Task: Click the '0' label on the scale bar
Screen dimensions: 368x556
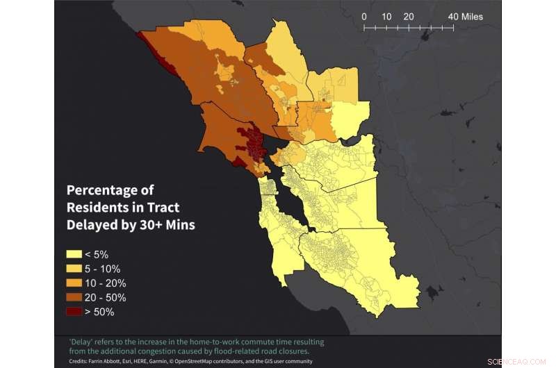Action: click(x=364, y=16)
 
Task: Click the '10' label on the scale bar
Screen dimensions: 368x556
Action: click(x=386, y=16)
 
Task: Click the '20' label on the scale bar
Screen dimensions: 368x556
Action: click(x=409, y=16)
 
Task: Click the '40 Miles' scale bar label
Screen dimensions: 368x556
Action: click(x=465, y=16)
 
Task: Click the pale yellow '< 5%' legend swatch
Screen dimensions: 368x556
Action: click(x=76, y=254)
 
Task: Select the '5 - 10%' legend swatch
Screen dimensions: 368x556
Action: click(x=76, y=269)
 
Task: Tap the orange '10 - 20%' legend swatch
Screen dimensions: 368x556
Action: click(x=76, y=283)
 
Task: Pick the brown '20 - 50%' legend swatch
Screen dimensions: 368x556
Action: click(x=76, y=298)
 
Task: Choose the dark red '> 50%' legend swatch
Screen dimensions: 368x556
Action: click(x=76, y=312)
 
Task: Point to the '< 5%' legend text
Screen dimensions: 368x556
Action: click(x=99, y=254)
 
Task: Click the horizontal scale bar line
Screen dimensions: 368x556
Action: click(x=409, y=28)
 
